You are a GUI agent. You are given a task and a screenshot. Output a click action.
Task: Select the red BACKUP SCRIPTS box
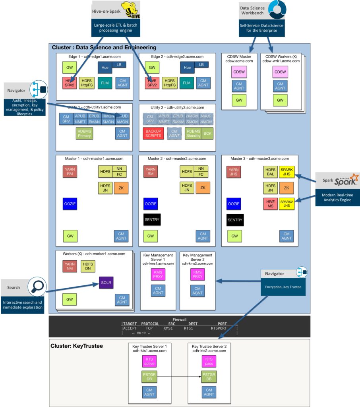pos(153,133)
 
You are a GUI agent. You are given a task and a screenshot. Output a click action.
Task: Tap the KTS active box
pos(149,361)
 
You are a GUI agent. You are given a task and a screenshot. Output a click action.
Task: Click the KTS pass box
pos(209,361)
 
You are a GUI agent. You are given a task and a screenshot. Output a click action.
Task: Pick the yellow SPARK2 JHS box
pos(286,203)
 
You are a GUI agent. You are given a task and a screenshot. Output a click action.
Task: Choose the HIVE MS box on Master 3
pos(270,203)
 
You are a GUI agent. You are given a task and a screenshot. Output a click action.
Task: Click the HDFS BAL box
pos(270,172)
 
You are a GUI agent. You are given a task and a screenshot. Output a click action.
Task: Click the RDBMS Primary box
pos(84,133)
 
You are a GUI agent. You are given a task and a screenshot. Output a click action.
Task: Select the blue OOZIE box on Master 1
pos(70,204)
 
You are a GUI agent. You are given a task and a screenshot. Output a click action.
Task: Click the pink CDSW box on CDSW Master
pos(239,72)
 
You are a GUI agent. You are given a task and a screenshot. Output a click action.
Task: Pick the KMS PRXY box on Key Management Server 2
pos(197,274)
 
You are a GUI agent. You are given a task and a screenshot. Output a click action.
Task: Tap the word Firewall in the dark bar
pos(179,319)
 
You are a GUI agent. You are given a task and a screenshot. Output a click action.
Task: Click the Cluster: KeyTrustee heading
pos(77,346)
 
